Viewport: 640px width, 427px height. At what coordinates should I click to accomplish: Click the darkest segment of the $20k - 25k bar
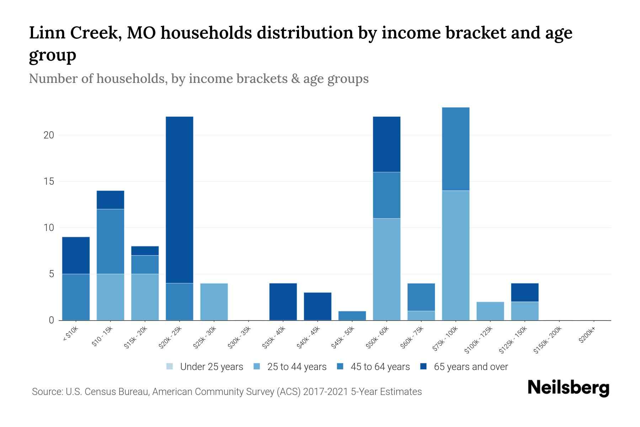[x=180, y=200]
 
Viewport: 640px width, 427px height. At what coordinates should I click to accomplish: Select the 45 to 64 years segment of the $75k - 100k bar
[x=455, y=149]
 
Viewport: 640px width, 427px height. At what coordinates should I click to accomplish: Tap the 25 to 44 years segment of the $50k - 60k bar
[x=386, y=269]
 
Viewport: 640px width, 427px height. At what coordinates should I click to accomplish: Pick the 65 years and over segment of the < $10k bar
[x=76, y=255]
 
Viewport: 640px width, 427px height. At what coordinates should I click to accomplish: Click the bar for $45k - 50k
[x=352, y=316]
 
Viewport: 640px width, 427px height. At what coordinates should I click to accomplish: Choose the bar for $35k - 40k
[x=283, y=302]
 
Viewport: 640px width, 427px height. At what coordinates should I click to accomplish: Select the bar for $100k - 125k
[x=490, y=311]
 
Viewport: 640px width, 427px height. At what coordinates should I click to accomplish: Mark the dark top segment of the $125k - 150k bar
[x=524, y=292]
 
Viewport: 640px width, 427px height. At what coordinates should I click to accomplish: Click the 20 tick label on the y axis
[x=49, y=135]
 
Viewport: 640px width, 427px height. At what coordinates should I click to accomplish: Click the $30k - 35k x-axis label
[x=239, y=337]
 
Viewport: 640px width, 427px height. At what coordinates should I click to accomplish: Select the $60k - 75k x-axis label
[x=412, y=337]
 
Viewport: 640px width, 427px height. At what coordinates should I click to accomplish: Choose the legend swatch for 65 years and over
[x=423, y=367]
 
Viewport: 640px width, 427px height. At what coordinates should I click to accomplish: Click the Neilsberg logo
[x=568, y=388]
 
